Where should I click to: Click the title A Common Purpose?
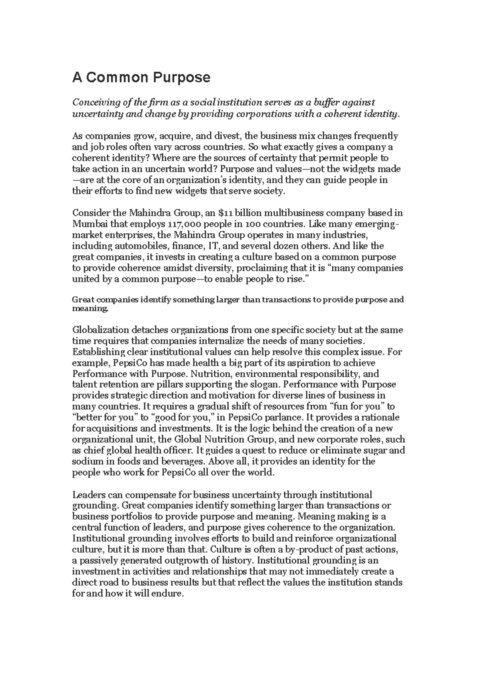(x=141, y=77)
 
